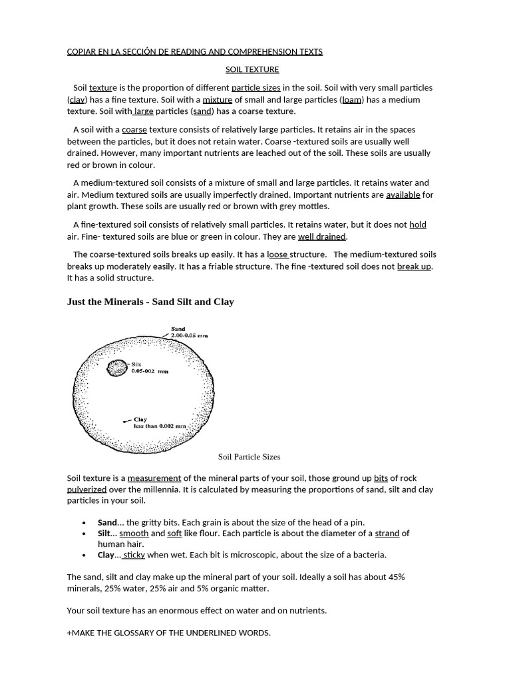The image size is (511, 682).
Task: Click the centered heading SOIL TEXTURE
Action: [252, 69]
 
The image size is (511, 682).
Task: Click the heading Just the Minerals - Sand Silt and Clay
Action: [150, 302]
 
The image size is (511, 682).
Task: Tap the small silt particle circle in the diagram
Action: [118, 367]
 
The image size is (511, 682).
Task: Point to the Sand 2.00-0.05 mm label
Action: [188, 332]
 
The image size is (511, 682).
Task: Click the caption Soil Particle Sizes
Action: [249, 457]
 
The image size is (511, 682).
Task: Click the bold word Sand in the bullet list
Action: [106, 522]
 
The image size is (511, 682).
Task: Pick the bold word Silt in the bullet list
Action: [104, 533]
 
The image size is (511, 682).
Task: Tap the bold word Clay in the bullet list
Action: [106, 555]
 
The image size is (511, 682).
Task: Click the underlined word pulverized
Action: [86, 490]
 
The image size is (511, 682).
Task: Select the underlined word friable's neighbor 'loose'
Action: [277, 254]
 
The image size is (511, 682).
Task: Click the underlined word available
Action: [403, 195]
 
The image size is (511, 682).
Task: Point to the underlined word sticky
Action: [134, 555]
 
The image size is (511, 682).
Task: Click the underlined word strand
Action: [387, 533]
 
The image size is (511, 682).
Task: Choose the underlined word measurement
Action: [154, 478]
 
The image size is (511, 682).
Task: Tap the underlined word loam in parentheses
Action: [352, 100]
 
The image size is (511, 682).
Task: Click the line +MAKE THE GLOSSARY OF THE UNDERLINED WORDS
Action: [169, 633]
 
